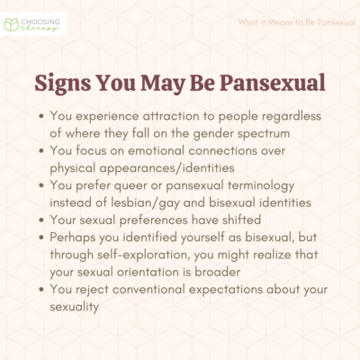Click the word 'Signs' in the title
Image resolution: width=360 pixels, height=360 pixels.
(x=65, y=82)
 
